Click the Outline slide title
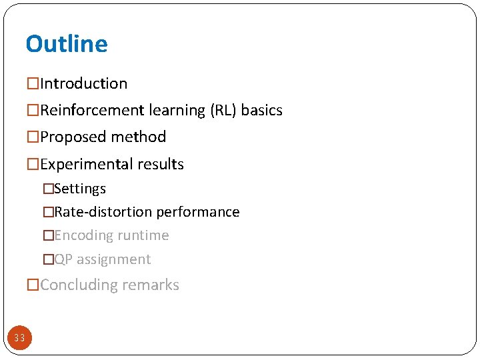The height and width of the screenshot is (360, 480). (67, 44)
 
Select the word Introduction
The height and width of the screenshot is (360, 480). (83, 84)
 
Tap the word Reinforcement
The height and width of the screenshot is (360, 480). (89, 111)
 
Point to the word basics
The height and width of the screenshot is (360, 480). (262, 111)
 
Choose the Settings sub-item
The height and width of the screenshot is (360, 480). (80, 189)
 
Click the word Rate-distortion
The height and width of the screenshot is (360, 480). (103, 213)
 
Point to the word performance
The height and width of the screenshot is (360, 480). (198, 213)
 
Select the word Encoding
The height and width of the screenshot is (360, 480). (83, 236)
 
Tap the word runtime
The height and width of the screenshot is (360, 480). (143, 236)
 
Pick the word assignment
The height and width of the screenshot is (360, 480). (114, 260)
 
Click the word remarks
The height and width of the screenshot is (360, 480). (150, 285)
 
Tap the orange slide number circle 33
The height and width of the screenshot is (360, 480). (19, 338)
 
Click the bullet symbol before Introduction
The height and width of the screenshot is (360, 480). (33, 84)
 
